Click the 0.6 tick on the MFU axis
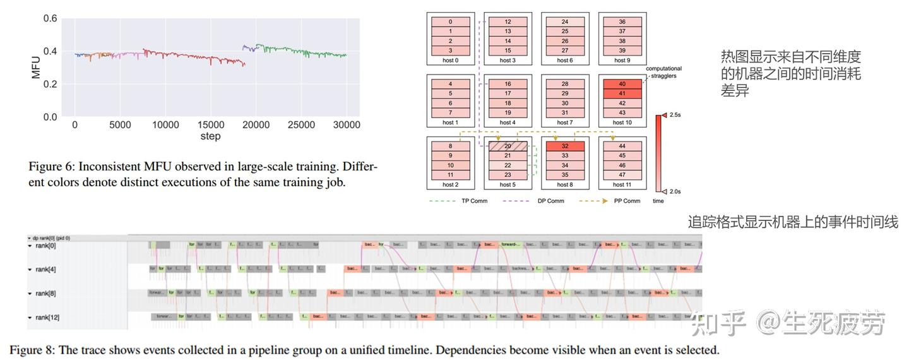[x=50, y=19]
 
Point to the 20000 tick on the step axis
[x=256, y=125]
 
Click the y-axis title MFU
[x=36, y=68]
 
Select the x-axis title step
[x=210, y=136]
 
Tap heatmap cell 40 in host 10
[x=622, y=84]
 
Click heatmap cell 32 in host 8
[x=564, y=146]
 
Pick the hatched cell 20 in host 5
[x=508, y=146]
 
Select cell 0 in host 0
[x=449, y=21]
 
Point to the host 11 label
[x=622, y=185]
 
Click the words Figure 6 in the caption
[x=49, y=167]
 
